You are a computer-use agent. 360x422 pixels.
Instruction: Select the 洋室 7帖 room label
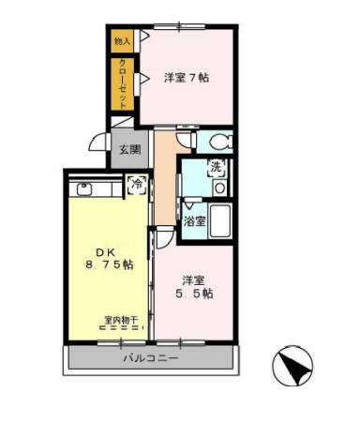(186, 77)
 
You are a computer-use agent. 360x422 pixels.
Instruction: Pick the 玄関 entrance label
(129, 149)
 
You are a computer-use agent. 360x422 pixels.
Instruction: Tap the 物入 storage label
(122, 41)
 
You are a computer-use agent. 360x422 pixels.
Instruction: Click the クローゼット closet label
(123, 83)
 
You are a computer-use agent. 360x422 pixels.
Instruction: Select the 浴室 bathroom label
(194, 222)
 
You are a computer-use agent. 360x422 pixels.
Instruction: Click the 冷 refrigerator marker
(137, 185)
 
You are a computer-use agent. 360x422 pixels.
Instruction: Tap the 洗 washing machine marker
(217, 168)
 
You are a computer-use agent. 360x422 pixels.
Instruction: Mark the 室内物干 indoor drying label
(121, 322)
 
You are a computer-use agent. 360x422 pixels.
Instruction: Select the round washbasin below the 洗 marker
(218, 186)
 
